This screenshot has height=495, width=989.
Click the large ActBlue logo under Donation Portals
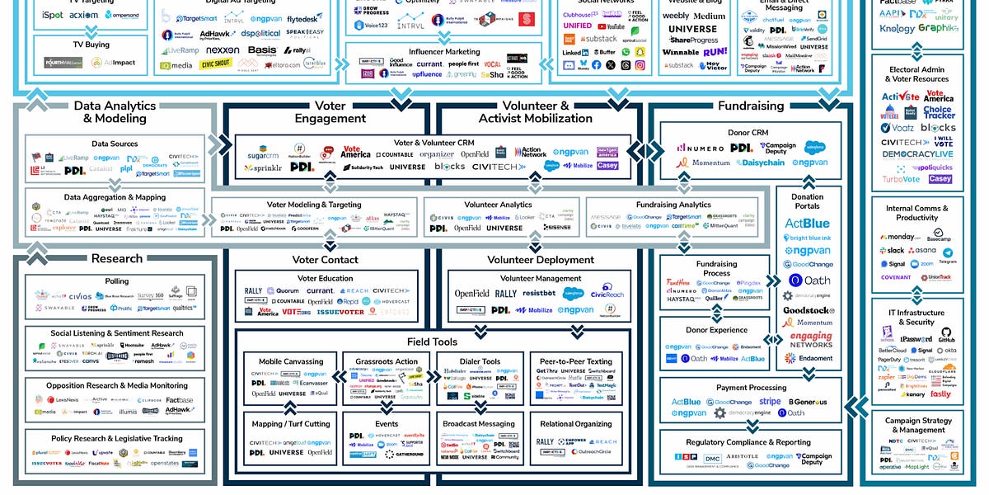pos(807,223)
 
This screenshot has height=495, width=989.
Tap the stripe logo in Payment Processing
pos(770,402)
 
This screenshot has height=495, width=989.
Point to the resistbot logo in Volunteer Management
pos(539,294)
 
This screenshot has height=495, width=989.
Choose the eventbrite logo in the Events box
pos(414,435)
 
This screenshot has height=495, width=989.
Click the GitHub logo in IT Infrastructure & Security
pos(946,335)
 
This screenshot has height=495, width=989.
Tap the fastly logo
pos(940,394)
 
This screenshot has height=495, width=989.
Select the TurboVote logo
pos(901,179)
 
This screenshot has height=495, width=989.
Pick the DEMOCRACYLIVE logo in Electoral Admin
pos(918,154)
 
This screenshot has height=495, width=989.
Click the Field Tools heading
pos(432,342)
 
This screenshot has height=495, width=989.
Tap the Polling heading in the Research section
pos(116,281)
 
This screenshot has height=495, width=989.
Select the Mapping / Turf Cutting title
pos(291,424)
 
